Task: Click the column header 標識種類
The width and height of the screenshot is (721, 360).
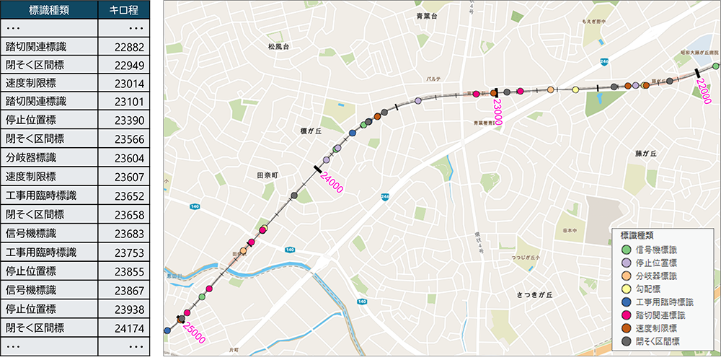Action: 48,9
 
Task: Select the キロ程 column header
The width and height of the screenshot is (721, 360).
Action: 124,9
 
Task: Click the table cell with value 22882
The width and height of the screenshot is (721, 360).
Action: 124,47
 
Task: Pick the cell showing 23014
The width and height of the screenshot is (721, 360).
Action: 124,84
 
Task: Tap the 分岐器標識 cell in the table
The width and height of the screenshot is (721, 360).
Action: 48,158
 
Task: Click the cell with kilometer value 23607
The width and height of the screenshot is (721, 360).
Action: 124,177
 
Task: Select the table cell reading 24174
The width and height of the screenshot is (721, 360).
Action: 124,327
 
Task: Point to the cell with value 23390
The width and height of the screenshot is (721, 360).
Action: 124,120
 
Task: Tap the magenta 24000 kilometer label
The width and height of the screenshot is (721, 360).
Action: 331,181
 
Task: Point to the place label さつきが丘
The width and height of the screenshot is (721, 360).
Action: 535,295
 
